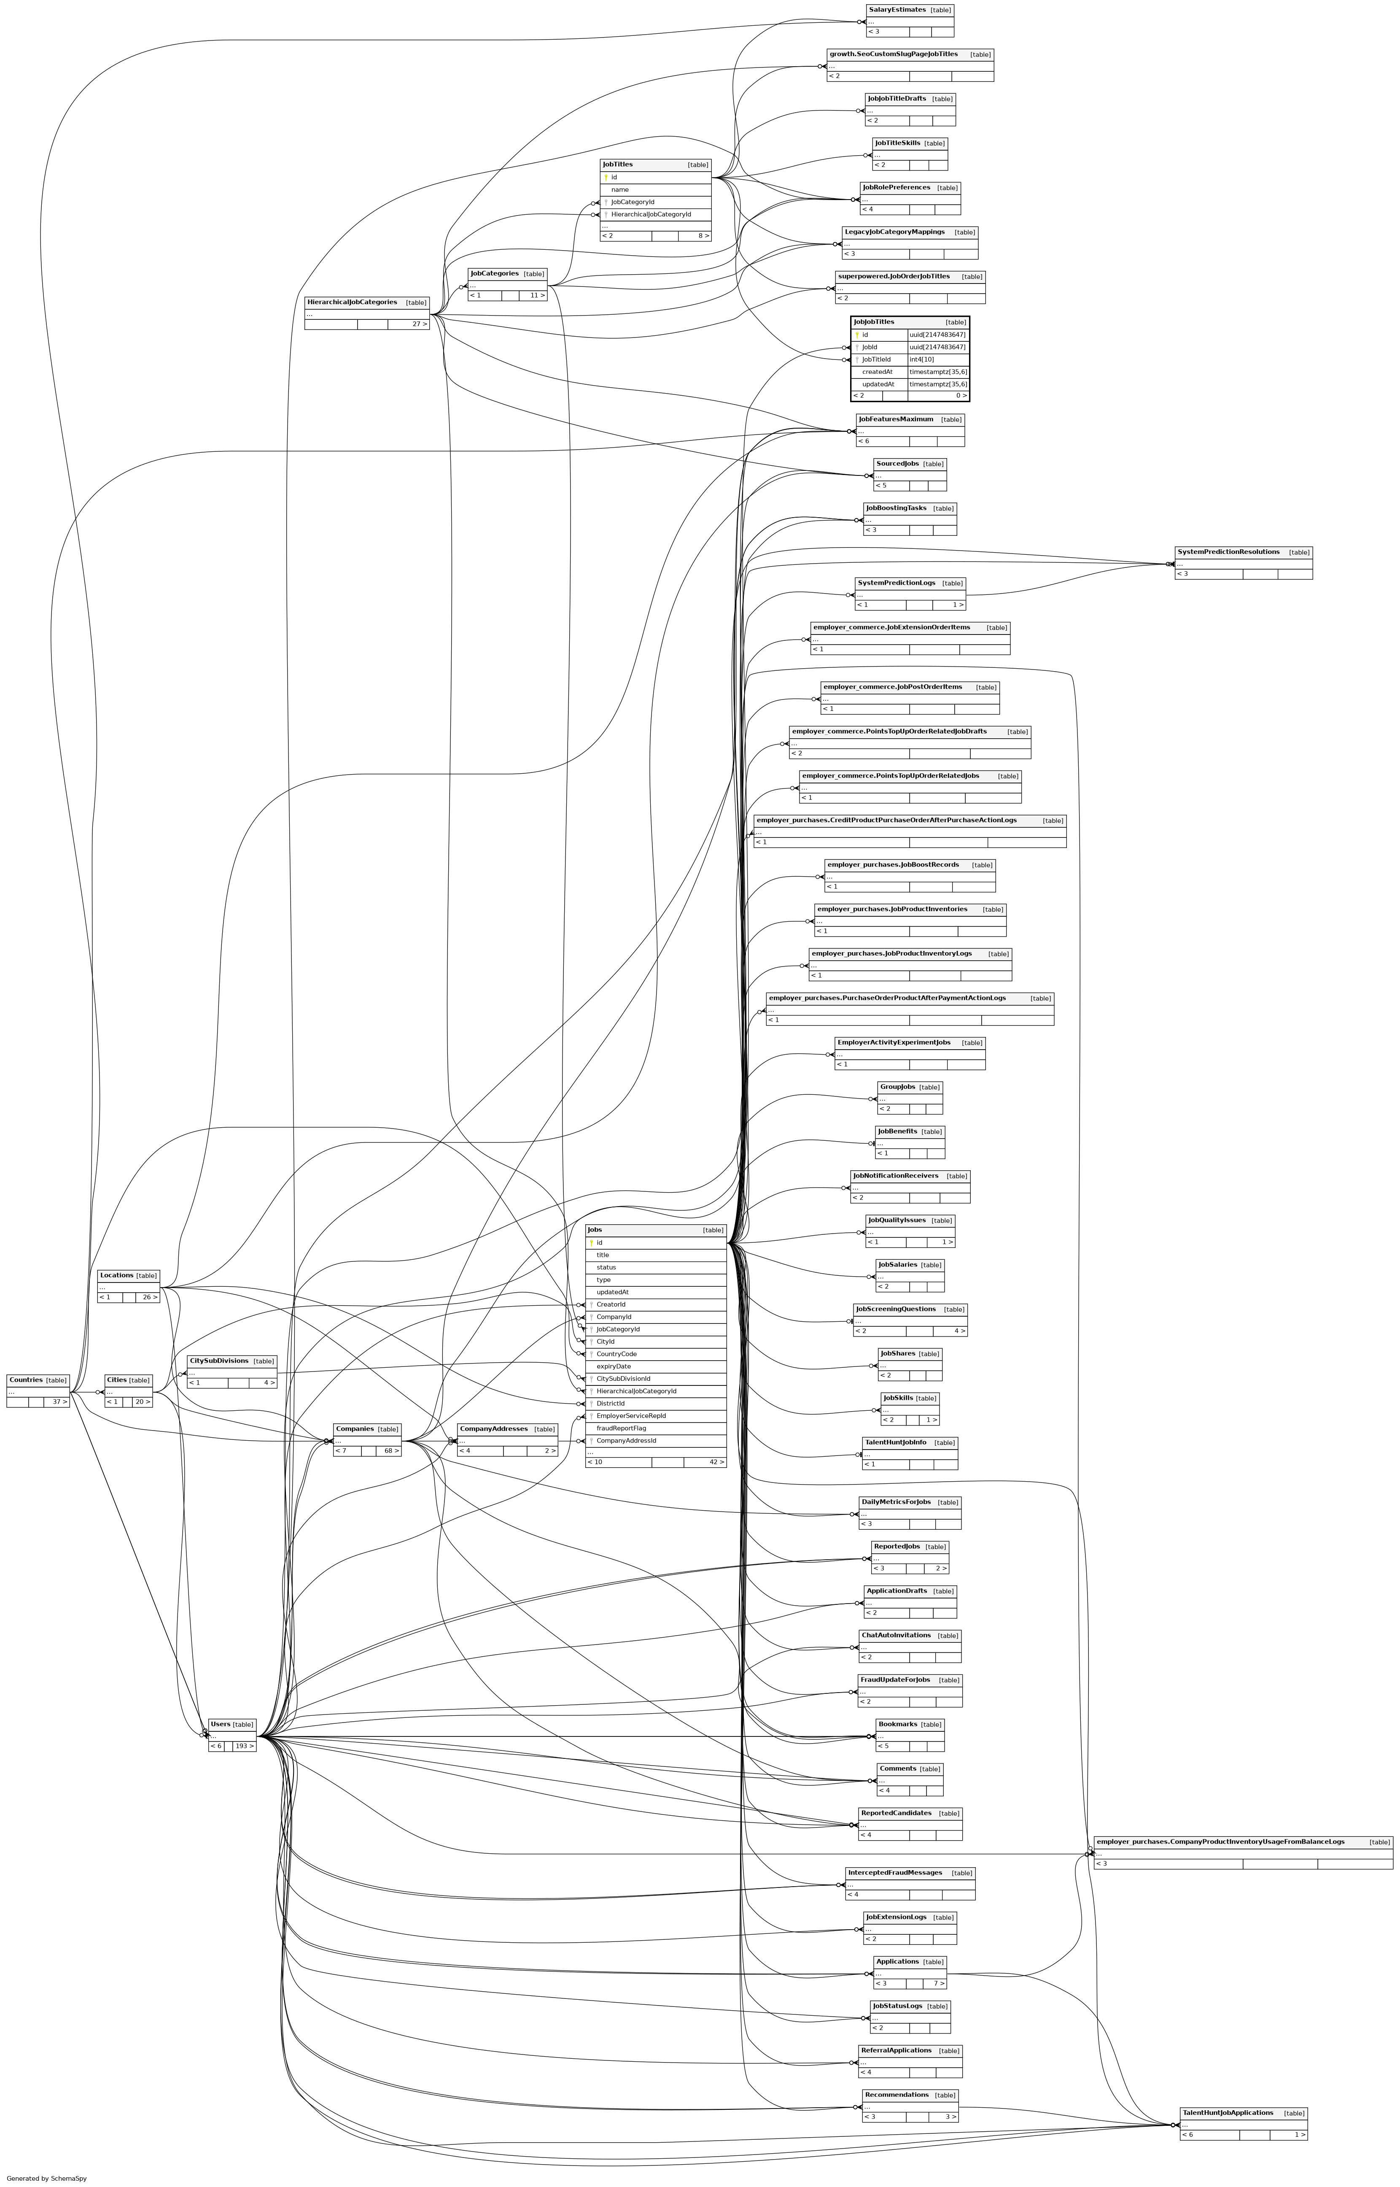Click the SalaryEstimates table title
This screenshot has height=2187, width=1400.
click(897, 10)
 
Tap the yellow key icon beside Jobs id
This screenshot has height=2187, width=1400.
click(591, 1243)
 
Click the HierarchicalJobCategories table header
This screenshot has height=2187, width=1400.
click(352, 302)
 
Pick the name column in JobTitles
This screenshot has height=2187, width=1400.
click(620, 190)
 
